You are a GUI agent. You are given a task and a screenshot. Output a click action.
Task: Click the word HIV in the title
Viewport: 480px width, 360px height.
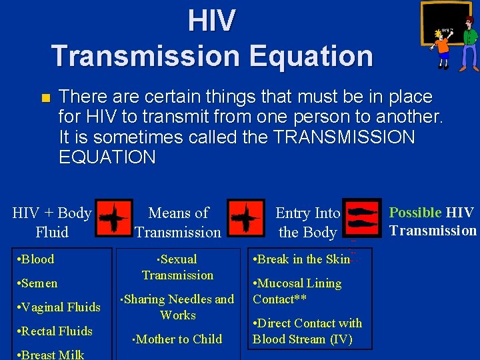click(211, 21)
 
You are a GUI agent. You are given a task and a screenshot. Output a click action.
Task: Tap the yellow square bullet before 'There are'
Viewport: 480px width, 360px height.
click(45, 99)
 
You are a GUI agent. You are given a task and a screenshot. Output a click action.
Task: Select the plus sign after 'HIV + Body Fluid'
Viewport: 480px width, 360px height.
click(113, 217)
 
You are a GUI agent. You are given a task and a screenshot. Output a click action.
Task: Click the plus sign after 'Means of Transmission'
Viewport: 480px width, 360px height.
click(245, 217)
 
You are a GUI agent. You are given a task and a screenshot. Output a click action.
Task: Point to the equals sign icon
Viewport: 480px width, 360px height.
click(362, 217)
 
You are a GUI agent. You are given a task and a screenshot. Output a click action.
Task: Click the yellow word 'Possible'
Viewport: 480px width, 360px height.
click(415, 213)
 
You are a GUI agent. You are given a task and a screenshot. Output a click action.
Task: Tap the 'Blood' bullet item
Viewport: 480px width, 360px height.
click(37, 259)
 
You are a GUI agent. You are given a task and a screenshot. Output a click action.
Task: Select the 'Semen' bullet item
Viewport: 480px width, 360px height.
click(38, 283)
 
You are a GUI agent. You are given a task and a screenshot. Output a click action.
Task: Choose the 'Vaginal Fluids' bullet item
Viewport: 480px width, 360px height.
click(59, 307)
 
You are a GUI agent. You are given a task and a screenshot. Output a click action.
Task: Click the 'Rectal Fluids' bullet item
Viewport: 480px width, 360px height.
click(55, 331)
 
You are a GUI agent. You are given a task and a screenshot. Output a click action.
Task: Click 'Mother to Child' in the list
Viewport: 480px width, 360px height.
click(179, 339)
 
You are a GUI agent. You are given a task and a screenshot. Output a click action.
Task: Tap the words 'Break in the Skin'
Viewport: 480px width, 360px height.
click(303, 259)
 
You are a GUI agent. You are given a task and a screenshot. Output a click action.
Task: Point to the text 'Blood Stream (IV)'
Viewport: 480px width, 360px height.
click(302, 339)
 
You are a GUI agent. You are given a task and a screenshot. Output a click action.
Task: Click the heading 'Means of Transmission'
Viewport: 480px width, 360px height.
click(177, 223)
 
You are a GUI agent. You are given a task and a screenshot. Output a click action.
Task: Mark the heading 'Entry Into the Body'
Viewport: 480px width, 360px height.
click(307, 223)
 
